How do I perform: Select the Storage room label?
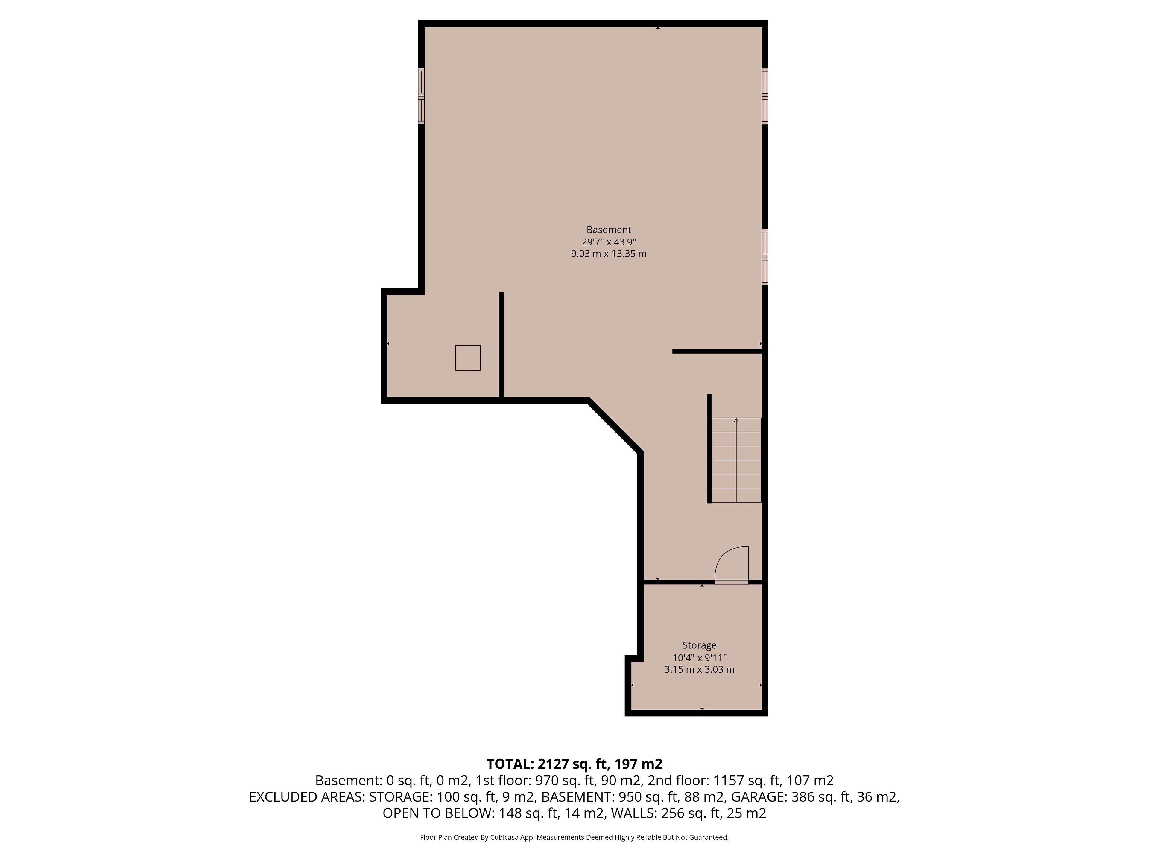click(699, 646)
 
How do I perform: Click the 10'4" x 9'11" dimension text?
click(699, 657)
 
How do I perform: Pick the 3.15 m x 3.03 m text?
click(699, 669)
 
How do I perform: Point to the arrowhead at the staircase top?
click(736, 420)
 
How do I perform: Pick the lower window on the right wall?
click(765, 257)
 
